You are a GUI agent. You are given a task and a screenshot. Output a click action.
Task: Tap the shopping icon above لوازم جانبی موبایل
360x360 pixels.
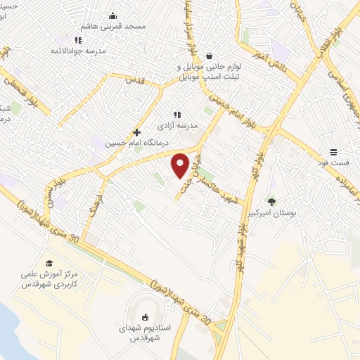click(210, 56)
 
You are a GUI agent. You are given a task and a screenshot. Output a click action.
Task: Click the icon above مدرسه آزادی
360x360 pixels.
click(177, 114)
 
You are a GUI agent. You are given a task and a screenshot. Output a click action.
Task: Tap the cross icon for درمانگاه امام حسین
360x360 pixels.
click(137, 131)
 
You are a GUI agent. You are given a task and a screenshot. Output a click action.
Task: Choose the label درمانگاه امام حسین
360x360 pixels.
click(129, 143)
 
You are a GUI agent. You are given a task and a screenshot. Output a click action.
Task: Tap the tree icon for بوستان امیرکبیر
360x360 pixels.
click(292, 202)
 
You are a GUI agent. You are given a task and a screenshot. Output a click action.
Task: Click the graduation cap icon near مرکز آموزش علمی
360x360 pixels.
click(49, 263)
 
